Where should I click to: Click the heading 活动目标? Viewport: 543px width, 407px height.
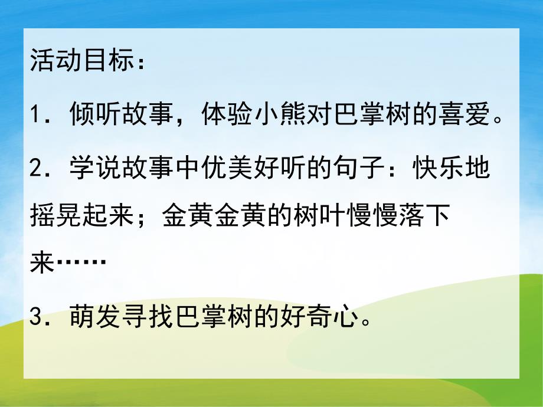point(79,61)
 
